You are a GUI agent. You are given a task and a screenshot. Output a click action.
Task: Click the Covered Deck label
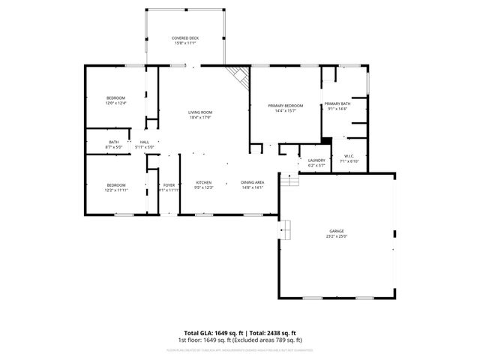[184, 37]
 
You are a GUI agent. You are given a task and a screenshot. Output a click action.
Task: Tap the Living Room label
[200, 112]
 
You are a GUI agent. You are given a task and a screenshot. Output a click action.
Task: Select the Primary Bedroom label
[286, 106]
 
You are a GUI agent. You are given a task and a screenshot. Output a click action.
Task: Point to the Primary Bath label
[337, 103]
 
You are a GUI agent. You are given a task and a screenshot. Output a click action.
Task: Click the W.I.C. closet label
[349, 156]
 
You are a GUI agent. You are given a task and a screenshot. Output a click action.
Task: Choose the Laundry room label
[316, 159]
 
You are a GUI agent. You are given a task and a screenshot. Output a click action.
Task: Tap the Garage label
[337, 231]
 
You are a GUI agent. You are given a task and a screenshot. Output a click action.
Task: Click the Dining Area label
[252, 182]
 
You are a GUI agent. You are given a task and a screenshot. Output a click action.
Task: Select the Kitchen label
[204, 182]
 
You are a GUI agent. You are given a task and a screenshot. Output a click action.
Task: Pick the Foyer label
[169, 184]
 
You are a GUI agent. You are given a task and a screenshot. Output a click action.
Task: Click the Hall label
[144, 142]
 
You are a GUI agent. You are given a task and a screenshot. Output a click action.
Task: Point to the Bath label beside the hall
[113, 142]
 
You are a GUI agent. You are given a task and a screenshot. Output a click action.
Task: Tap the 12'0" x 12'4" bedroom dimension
[115, 103]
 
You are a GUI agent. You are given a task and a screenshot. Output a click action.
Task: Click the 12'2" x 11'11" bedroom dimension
[115, 190]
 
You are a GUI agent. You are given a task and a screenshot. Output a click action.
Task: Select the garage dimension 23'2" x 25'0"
[337, 236]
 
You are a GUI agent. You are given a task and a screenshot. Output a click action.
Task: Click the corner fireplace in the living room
[238, 75]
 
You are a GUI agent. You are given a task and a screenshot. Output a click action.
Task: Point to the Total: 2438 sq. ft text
[272, 332]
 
